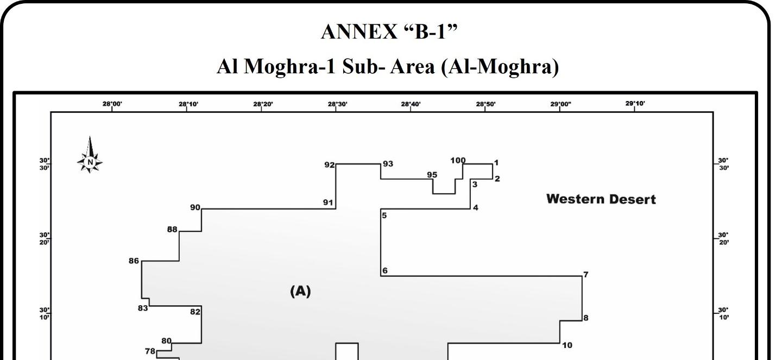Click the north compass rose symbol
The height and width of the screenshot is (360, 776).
[x=90, y=156]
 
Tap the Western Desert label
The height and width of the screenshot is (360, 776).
[x=601, y=199]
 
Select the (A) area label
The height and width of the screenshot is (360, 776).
[x=300, y=292]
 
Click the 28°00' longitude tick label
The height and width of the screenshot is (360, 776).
[x=112, y=104]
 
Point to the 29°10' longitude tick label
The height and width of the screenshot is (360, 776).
[x=635, y=103]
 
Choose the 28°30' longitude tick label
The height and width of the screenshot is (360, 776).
[x=337, y=104]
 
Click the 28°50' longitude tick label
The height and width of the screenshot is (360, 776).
[x=485, y=104]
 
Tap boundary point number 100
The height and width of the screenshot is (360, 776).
[x=458, y=160]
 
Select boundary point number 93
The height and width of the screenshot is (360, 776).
[x=388, y=164]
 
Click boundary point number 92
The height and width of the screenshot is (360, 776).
[x=330, y=165]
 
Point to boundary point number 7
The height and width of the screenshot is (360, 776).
[x=586, y=275]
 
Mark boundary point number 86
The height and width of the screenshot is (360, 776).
[x=134, y=261]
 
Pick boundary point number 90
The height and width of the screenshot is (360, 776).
[x=195, y=207]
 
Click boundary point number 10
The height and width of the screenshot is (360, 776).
[x=567, y=345]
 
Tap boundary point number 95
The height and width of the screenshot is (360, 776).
[x=432, y=175]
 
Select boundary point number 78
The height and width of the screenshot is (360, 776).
[x=150, y=351]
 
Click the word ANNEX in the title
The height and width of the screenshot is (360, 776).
[x=359, y=33]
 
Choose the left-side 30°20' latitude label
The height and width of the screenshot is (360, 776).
[x=44, y=238]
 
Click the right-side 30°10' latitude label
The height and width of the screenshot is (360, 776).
[x=723, y=313]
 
